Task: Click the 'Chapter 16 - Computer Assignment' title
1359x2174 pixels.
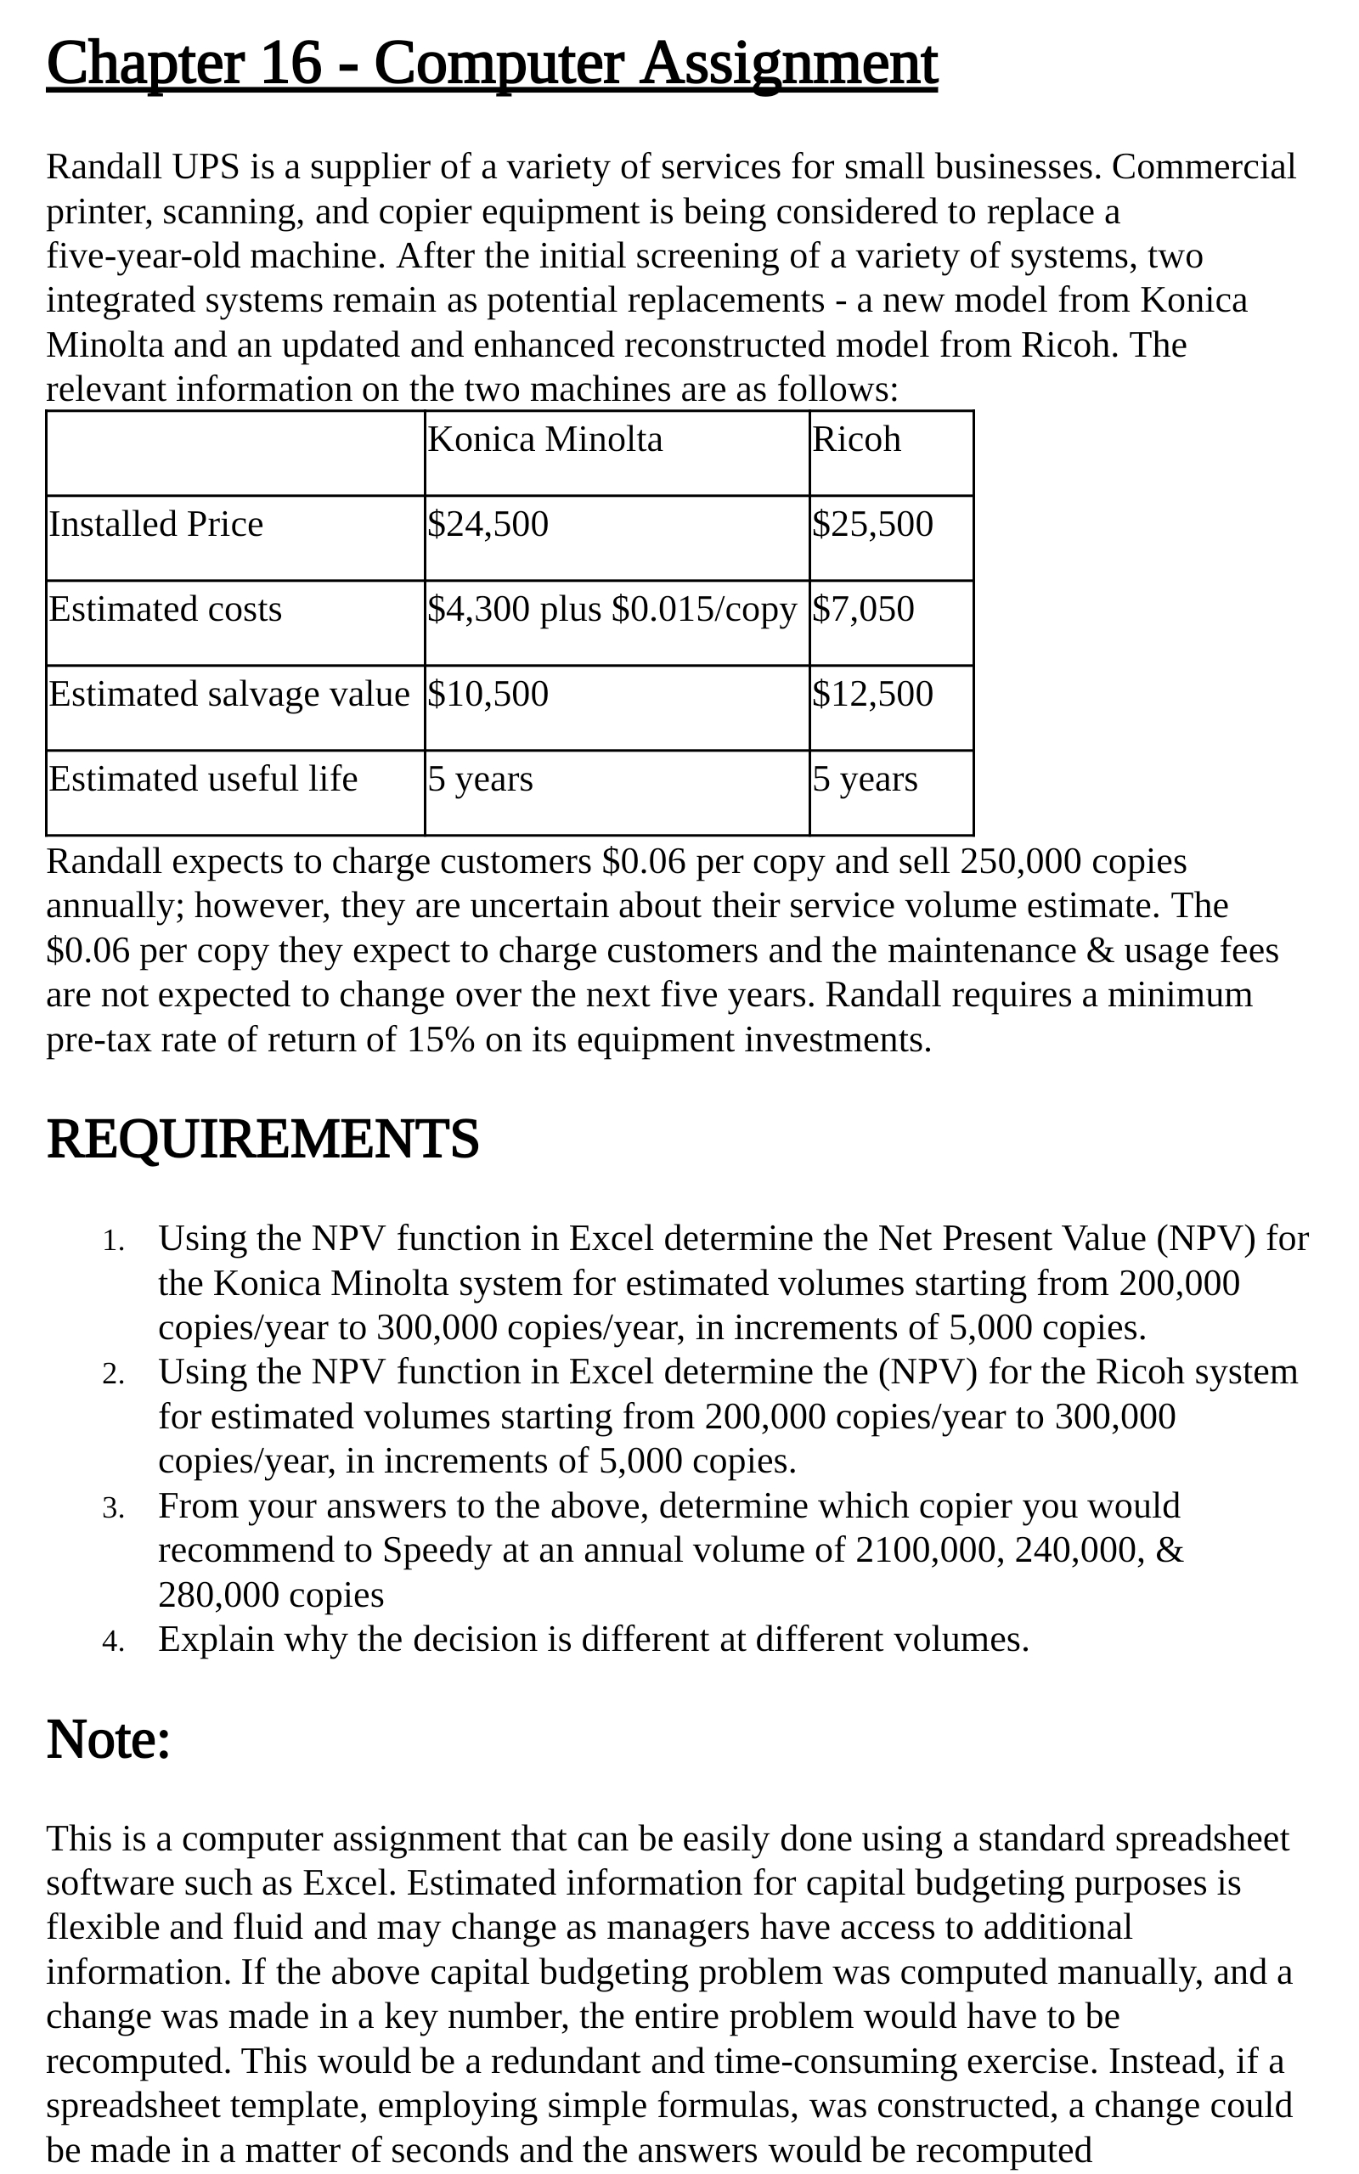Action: click(x=492, y=64)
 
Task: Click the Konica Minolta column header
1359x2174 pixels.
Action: click(x=544, y=439)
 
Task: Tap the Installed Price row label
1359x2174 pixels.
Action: click(x=155, y=524)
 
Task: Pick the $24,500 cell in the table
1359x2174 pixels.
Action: click(x=488, y=524)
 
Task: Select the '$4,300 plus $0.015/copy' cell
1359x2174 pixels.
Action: click(x=612, y=609)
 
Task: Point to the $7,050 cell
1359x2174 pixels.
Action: click(x=863, y=609)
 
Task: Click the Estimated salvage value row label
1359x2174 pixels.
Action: click(x=228, y=694)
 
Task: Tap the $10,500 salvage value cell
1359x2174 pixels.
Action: click(x=488, y=694)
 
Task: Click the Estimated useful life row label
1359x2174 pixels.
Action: click(x=203, y=779)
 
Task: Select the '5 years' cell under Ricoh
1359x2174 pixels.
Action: click(x=865, y=779)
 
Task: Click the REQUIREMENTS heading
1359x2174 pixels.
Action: click(x=262, y=1139)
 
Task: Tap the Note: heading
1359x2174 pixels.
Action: click(x=108, y=1739)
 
